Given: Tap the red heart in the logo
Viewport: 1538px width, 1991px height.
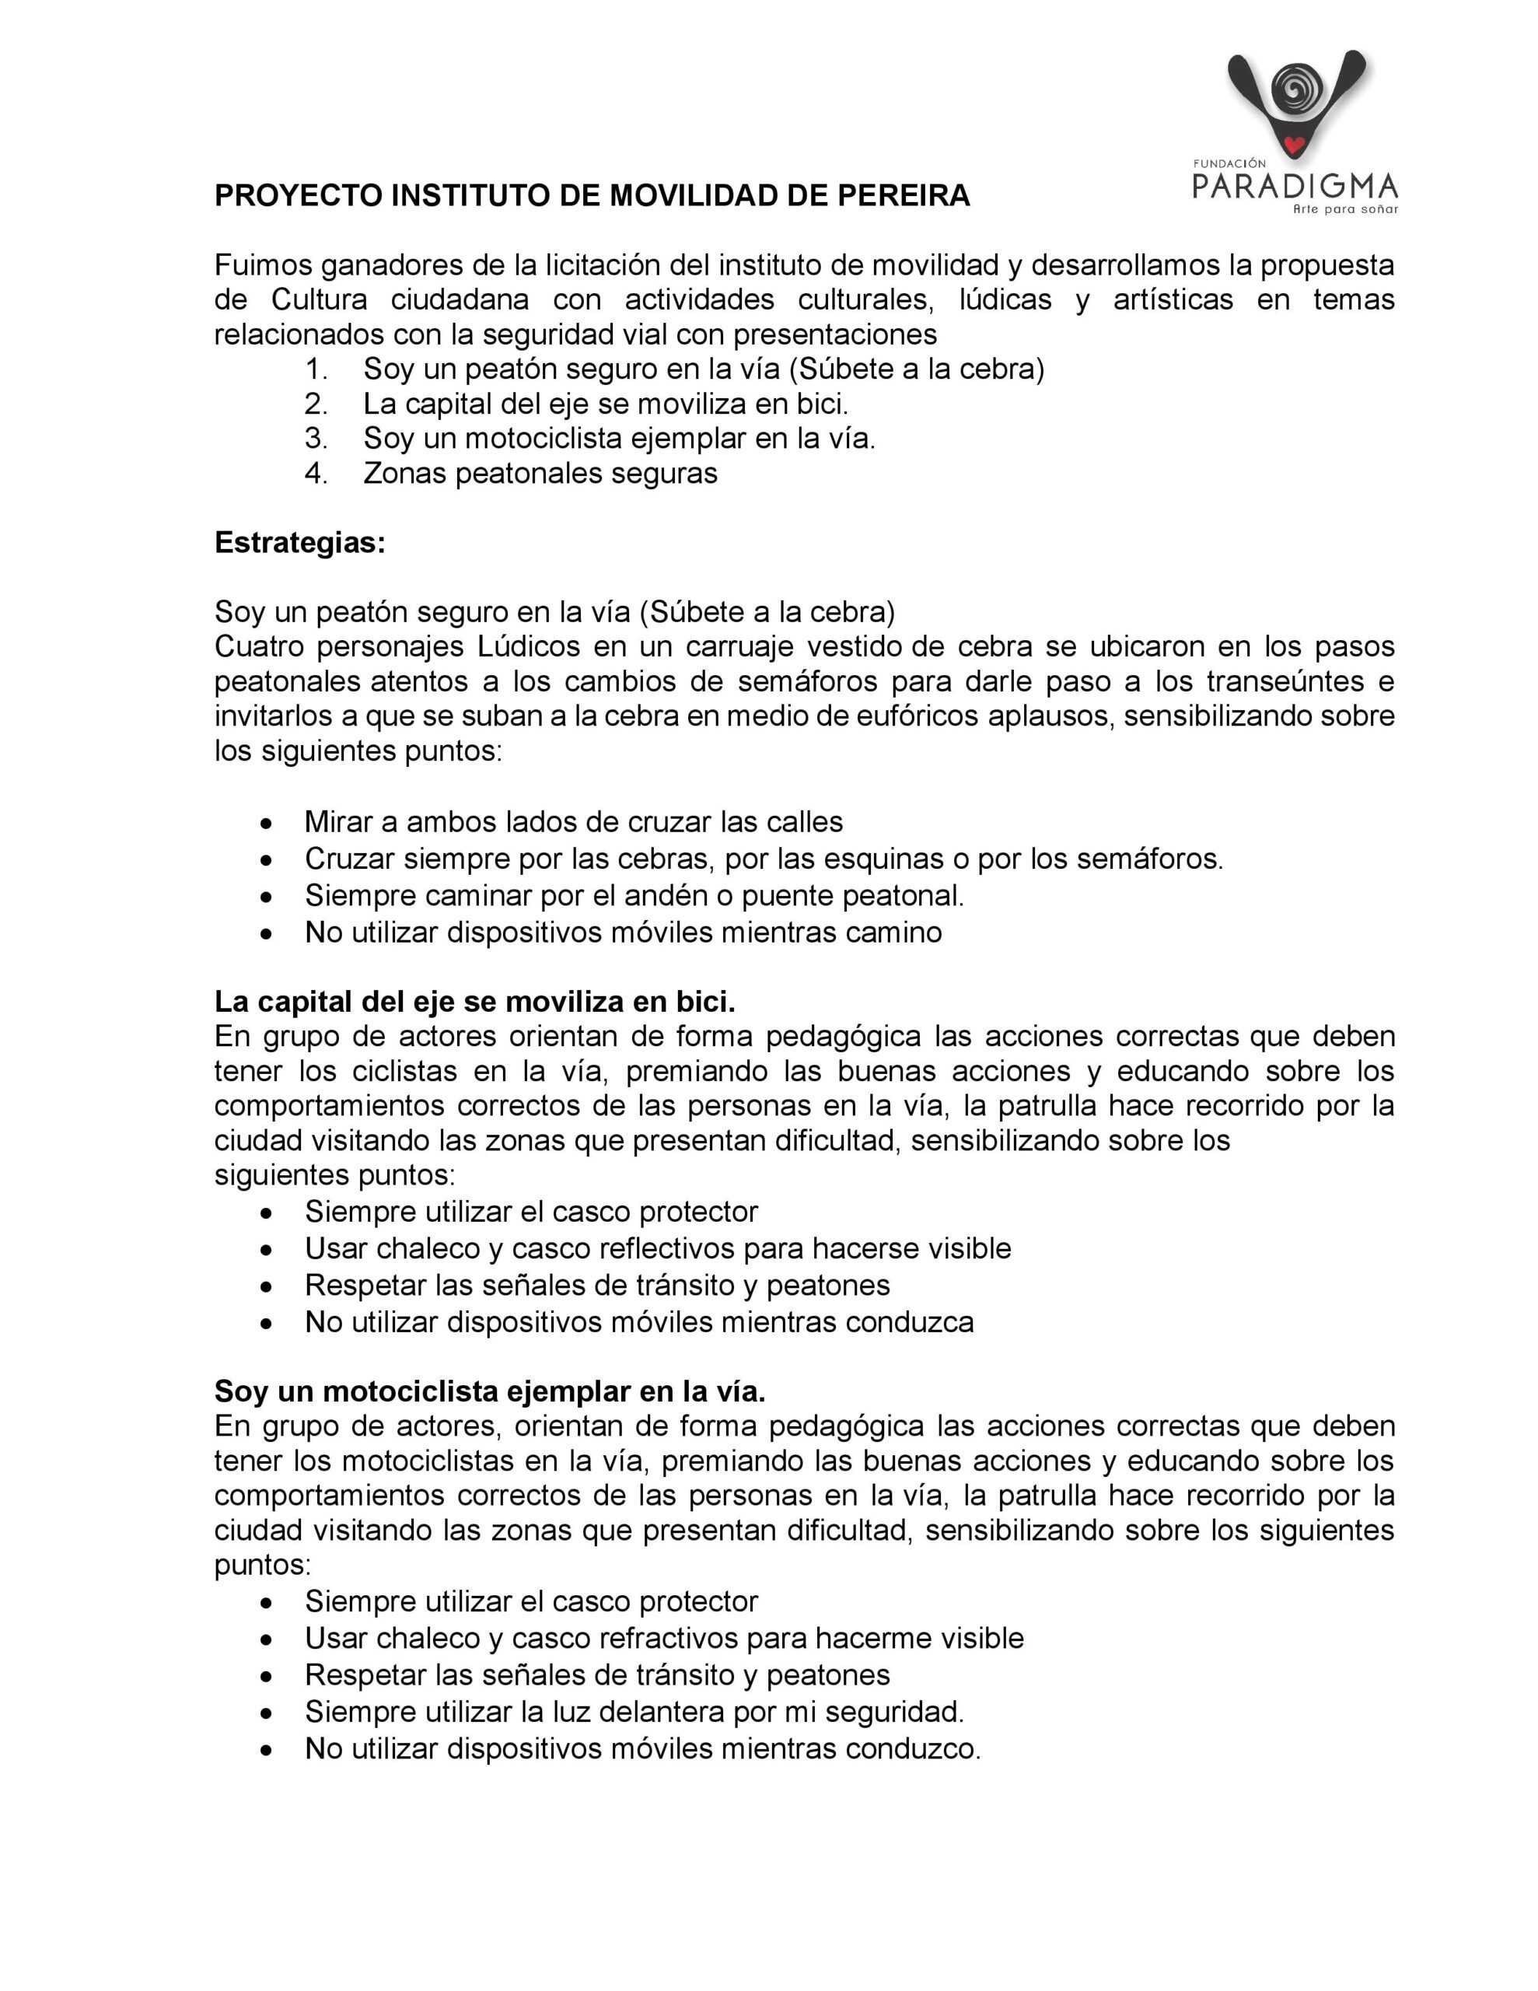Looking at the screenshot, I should coord(1293,143).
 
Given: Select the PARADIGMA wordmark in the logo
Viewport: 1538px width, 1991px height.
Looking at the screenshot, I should coord(1295,186).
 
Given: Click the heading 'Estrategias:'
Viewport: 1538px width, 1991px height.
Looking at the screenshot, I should coord(300,544).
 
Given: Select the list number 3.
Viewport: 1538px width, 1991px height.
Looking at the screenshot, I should coord(316,439).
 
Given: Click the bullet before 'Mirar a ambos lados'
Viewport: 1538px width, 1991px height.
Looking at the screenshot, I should coord(266,823).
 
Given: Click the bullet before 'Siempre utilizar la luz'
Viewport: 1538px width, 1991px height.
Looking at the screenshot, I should coord(266,1713).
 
